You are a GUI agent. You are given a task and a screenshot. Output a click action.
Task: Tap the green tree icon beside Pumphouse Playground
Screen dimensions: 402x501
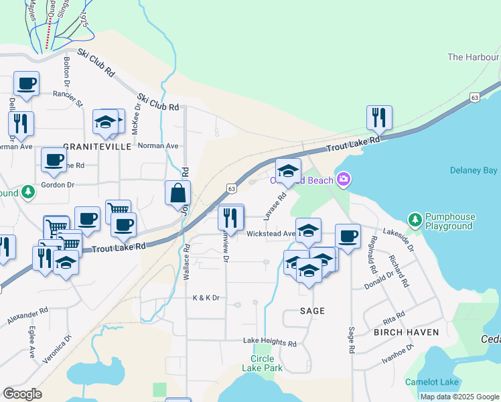tap(415, 219)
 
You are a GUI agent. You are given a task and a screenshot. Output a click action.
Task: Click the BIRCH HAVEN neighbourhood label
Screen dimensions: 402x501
tap(406, 332)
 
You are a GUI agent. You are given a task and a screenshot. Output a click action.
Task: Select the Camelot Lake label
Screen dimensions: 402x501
tap(432, 382)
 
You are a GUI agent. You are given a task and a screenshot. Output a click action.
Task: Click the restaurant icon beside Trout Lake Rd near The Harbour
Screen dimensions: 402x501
tap(379, 117)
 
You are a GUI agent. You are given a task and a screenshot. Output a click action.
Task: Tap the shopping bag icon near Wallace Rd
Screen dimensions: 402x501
tap(177, 193)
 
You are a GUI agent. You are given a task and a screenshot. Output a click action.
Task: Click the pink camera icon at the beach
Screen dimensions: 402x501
tap(344, 179)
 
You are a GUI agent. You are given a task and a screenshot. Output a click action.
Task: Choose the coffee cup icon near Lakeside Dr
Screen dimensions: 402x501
tap(348, 237)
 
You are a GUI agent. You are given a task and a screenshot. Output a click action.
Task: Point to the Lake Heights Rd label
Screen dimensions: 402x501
tap(269, 342)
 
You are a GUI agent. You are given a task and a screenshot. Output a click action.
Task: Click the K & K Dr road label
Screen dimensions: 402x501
tap(206, 297)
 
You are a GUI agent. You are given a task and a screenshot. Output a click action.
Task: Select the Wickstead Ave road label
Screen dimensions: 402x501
tap(271, 234)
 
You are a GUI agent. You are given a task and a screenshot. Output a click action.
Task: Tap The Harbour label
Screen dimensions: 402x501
tap(473, 57)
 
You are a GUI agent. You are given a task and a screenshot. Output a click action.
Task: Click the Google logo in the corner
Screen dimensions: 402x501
tap(22, 393)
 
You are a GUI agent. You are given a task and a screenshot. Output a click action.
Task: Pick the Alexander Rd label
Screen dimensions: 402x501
tap(27, 317)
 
